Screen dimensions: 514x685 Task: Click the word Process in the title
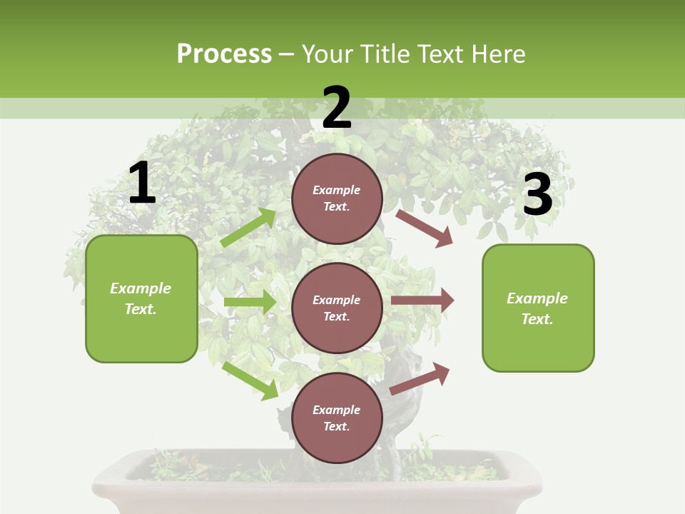(224, 54)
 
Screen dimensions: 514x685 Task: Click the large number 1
(142, 183)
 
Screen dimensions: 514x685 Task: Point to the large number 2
(337, 108)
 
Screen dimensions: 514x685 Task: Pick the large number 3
(537, 195)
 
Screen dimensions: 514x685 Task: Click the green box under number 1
(141, 298)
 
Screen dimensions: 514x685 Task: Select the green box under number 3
(538, 308)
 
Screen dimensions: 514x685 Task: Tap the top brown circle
(337, 198)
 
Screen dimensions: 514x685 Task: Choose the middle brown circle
(337, 308)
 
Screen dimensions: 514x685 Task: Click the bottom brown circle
(337, 418)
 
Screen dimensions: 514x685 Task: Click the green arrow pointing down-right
(250, 380)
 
